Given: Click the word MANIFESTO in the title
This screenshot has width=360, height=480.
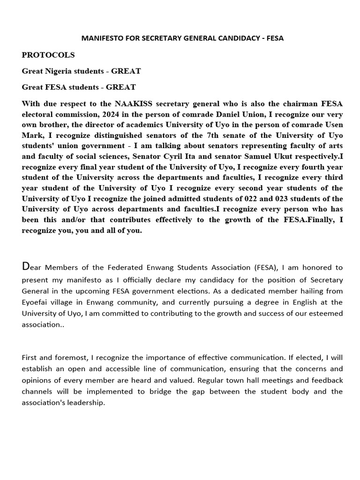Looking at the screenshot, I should click(x=99, y=38).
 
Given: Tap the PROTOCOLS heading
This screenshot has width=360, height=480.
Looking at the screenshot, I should click(x=48, y=55).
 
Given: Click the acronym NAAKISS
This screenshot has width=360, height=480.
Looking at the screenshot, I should click(x=131, y=104).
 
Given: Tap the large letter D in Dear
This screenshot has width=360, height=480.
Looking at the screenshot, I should click(x=26, y=267).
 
